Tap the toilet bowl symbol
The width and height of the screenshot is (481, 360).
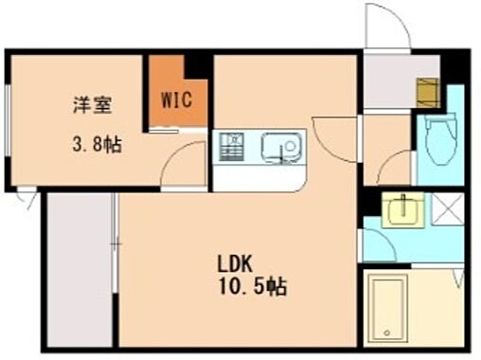[438, 142]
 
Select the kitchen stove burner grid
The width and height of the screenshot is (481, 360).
[230, 147]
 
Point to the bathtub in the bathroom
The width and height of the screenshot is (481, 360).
[389, 309]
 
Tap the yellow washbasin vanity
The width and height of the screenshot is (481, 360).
[408, 209]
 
